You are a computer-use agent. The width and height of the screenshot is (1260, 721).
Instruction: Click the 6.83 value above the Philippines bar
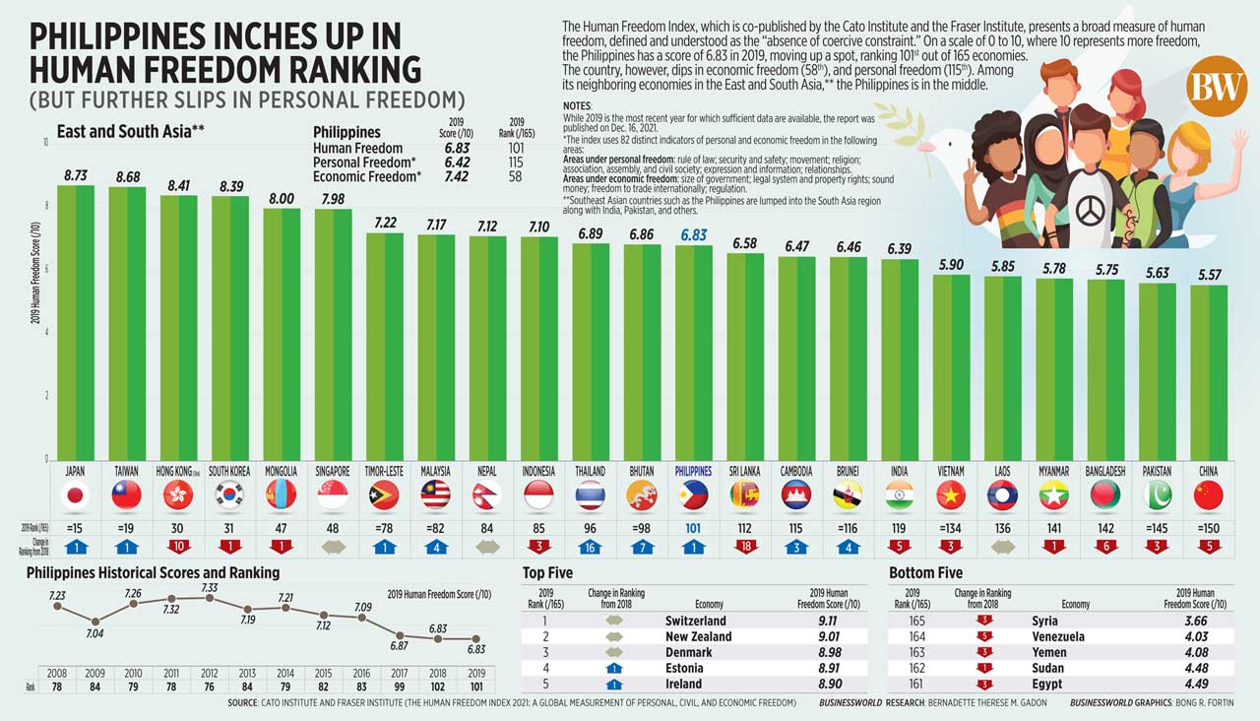click(693, 236)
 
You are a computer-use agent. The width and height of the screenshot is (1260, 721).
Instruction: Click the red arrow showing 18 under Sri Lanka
click(745, 546)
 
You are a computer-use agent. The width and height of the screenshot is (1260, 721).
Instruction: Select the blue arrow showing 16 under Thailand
click(591, 546)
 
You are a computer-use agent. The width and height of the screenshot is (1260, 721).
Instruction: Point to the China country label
click(1208, 472)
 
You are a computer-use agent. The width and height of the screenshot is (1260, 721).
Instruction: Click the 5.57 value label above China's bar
click(1208, 275)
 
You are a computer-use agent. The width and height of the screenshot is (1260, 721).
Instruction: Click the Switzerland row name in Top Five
click(695, 622)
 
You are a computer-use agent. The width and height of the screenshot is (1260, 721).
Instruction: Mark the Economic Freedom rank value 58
click(516, 176)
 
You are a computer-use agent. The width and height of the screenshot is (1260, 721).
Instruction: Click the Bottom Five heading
click(924, 573)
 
